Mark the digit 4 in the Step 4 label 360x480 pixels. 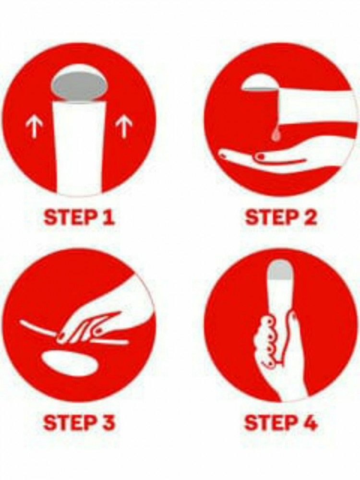tap(310, 422)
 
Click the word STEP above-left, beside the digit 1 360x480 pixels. tap(71, 217)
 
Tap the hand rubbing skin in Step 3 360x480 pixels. tap(101, 318)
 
